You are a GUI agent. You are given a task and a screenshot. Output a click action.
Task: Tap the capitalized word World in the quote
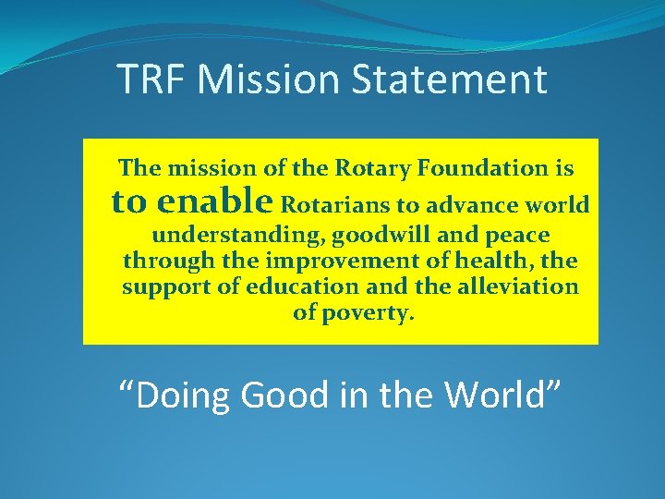tap(500, 396)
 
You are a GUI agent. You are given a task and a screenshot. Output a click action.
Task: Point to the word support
tap(169, 286)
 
